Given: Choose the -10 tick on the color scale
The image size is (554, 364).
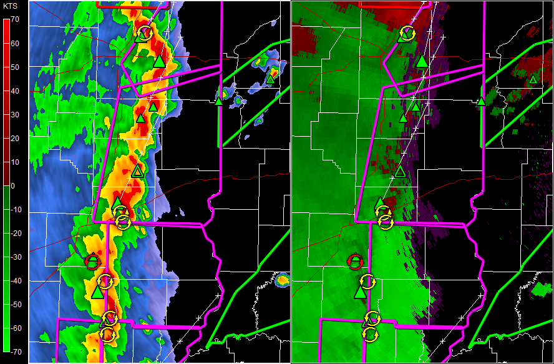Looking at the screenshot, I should [x=15, y=210].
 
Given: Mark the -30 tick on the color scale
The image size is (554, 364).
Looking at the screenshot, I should [x=15, y=257].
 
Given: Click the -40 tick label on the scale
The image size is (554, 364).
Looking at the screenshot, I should [x=15, y=281].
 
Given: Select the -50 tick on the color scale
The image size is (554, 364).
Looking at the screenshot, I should [x=15, y=305].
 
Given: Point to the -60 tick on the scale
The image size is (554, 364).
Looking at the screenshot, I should [x=15, y=328].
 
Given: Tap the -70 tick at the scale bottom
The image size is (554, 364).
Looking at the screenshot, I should [x=15, y=352].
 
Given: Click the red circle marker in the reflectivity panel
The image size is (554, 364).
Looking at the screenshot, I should [x=92, y=261].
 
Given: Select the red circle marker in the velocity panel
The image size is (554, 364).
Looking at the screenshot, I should [x=355, y=261].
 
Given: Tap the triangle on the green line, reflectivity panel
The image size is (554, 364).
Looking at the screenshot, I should [x=219, y=101].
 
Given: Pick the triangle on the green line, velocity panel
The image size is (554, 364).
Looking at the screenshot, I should [x=482, y=101].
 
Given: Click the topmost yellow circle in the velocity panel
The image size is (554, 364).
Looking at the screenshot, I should [x=407, y=33].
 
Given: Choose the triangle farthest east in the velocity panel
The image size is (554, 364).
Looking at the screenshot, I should [x=533, y=79].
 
